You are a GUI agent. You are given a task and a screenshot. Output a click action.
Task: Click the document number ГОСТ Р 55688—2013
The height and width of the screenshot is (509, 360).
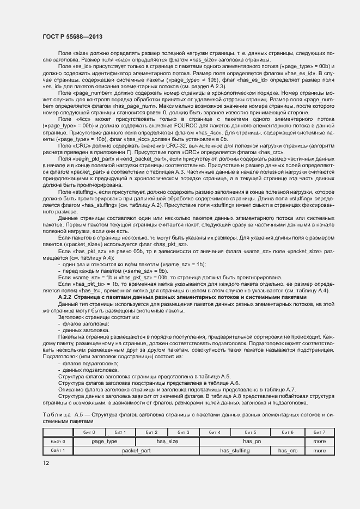pos(72,36)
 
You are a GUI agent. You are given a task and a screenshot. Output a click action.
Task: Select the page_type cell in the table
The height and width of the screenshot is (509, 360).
pos(105,441)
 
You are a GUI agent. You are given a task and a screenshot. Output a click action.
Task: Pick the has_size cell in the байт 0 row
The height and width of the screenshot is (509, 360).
pos(168,441)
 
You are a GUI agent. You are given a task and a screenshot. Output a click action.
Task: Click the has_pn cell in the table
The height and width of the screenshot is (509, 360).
pos(252,441)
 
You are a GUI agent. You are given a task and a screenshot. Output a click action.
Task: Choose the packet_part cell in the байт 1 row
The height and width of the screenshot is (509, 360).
pos(136,450)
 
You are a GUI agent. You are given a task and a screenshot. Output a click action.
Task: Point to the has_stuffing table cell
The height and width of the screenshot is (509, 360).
pos(235,450)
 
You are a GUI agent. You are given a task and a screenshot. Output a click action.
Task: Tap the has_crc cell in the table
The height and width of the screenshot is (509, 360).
pos(288,450)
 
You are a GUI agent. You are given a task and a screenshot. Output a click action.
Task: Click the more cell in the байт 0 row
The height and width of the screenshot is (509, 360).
pos(319,441)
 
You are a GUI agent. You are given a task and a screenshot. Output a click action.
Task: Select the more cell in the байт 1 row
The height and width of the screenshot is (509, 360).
pos(319,450)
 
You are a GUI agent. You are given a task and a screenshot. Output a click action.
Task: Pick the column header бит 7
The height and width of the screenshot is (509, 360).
pos(319,432)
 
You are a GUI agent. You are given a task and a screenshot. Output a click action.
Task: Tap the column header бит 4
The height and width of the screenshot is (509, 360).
pos(215,432)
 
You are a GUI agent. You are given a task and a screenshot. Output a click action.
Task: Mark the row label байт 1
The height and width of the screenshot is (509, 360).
pos(58,450)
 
